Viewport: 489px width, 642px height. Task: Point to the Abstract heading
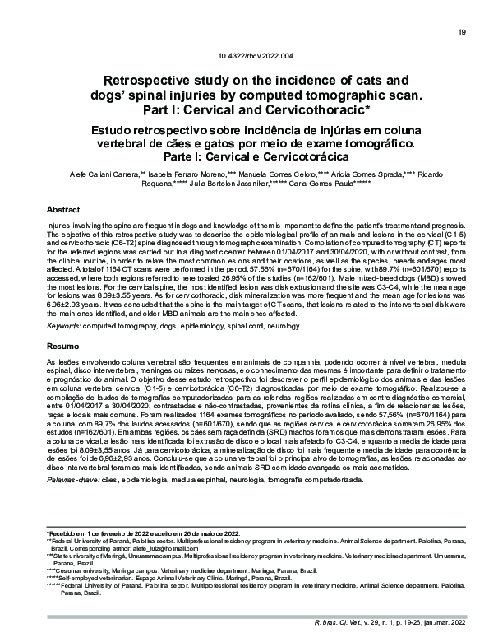[62, 210]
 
